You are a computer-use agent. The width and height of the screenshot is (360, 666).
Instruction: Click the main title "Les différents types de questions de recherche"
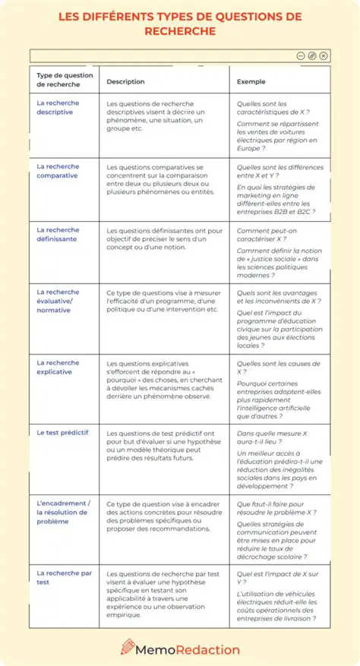pos(180,24)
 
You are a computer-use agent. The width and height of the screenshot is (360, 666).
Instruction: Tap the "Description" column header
pos(125,81)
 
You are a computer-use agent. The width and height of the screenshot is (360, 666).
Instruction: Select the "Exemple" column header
pos(251,81)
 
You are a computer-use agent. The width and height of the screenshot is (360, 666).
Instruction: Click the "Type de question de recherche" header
pos(65,80)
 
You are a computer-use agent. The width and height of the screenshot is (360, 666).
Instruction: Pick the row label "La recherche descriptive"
pos(58,107)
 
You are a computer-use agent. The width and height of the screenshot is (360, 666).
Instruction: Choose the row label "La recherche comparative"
pos(58,171)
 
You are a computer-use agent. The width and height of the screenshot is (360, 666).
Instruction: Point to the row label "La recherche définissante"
pos(58,235)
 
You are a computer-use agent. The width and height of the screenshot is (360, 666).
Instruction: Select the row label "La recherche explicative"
pos(58,368)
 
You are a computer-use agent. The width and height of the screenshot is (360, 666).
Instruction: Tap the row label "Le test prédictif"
pos(62,431)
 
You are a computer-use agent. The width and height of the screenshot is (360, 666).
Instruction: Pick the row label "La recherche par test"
pos(64,578)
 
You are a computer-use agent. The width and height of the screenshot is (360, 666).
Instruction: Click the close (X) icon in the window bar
pos(324,55)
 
